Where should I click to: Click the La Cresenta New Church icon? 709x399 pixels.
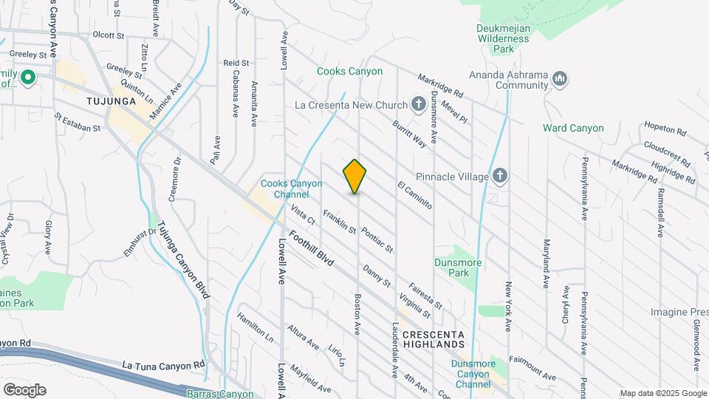pyautogui.click(x=419, y=104)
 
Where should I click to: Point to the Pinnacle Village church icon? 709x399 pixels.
pyautogui.click(x=500, y=177)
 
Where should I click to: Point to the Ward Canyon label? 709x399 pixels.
pyautogui.click(x=573, y=128)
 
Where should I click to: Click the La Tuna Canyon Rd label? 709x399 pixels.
pyautogui.click(x=162, y=365)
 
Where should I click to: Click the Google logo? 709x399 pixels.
pyautogui.click(x=24, y=389)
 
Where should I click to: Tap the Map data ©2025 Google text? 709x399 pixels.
pyautogui.click(x=662, y=393)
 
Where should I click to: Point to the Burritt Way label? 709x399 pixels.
pyautogui.click(x=409, y=134)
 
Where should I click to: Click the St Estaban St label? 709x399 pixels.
pyautogui.click(x=77, y=122)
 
